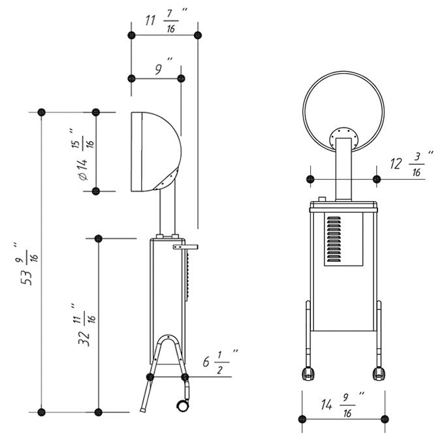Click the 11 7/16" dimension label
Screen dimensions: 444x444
pos(166,20)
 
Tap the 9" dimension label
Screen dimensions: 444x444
pos(163,67)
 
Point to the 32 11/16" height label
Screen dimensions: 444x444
pos(86,325)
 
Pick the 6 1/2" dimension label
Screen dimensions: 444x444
pos(220,362)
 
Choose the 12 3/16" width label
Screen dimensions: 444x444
pos(411,164)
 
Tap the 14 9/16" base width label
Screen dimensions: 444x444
pos(343,404)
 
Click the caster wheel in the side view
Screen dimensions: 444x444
pos(183,405)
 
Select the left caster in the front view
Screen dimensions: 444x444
pos(308,373)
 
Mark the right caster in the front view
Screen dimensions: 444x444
pos(379,373)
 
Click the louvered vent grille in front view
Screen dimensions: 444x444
pos(334,239)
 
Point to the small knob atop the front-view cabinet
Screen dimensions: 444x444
pos(322,199)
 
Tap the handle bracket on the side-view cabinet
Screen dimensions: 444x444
pos(185,247)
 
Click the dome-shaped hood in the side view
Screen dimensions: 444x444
pos(156,151)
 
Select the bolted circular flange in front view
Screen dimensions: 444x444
pos(343,138)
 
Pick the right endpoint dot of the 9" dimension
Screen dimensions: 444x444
pos(181,78)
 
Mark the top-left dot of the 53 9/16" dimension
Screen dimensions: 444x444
pos(41,112)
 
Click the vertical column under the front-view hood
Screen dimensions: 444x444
pos(343,170)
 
